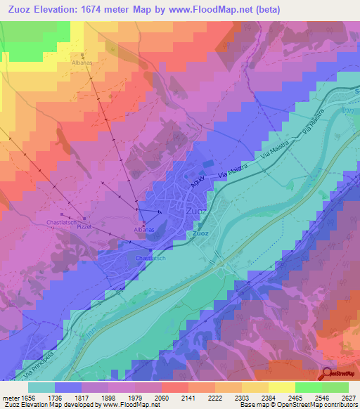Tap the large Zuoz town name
pos(196,210)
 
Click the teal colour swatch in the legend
pos(41,387)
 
